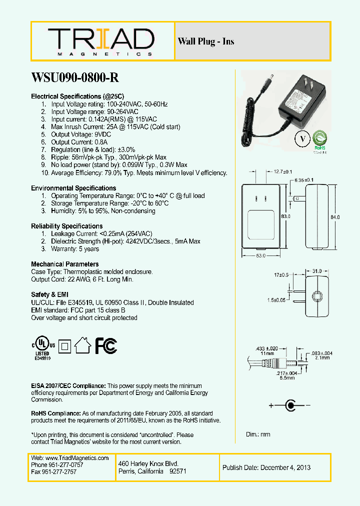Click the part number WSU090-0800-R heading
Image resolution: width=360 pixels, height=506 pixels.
75,77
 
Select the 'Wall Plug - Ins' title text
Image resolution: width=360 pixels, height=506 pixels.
206,41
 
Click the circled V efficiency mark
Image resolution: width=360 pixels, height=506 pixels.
302,139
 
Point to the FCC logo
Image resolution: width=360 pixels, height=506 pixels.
106,345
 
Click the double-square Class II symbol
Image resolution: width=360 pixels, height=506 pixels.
63,345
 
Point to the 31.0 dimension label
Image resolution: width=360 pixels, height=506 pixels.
316,271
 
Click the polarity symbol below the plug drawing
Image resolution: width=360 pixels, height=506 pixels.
289,405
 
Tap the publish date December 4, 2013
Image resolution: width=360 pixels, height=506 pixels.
266,467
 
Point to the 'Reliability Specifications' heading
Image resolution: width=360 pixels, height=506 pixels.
67,226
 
